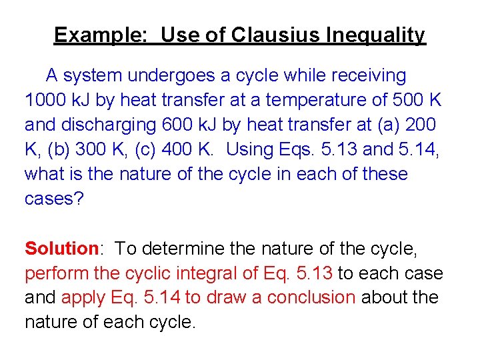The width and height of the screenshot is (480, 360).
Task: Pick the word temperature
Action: pyautogui.click(x=312, y=100)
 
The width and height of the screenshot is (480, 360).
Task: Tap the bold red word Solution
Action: pyautogui.click(x=62, y=249)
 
